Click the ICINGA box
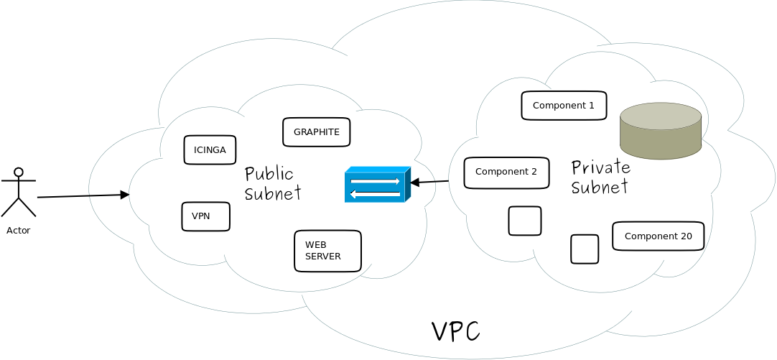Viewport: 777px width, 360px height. coord(210,149)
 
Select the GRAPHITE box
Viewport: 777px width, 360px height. coord(316,132)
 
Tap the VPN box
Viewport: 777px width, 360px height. coord(205,216)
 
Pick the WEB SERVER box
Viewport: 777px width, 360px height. coord(327,251)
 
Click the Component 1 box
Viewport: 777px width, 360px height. coord(564,106)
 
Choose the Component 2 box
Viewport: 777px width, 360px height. coord(506,172)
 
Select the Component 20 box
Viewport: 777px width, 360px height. coord(658,236)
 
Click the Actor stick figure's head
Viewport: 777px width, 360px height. coord(19,172)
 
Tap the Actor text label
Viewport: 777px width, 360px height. coord(18,231)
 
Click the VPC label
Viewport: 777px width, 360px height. coord(455,331)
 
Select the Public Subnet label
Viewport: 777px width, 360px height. coord(272,183)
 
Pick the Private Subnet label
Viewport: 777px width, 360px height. coord(600,177)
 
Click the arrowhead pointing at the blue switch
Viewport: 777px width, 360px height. coord(414,183)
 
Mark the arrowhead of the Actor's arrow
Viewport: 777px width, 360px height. coord(125,195)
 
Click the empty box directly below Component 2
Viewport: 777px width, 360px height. coord(525,221)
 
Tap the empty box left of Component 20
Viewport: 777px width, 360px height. coord(585,249)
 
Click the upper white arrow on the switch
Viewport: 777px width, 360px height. coord(375,181)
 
